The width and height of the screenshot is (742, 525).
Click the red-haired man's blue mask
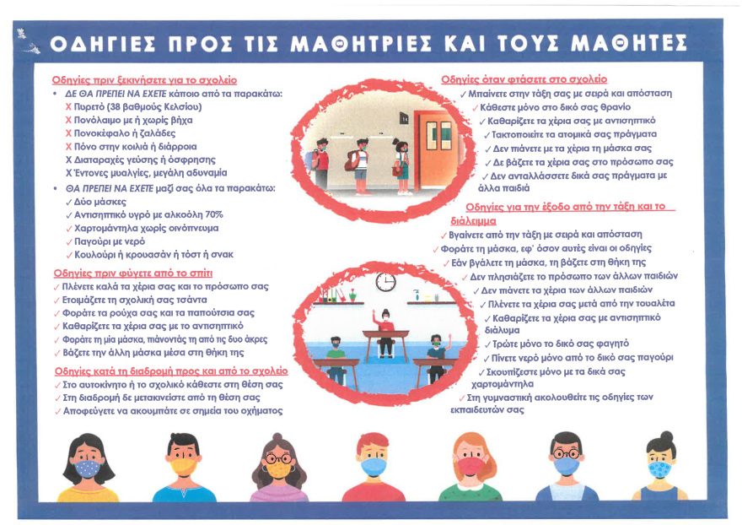point(373,465)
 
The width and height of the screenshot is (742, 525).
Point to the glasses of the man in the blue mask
point(565,452)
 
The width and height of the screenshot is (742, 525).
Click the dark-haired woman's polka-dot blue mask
point(87,466)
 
